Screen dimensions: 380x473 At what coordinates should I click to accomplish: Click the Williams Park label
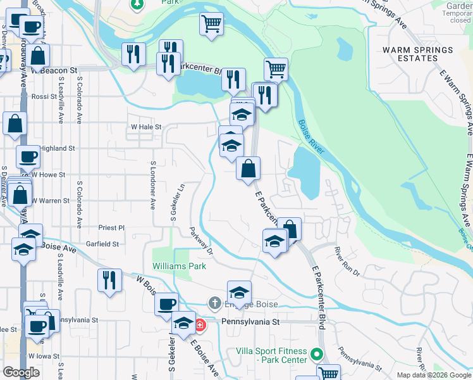179,266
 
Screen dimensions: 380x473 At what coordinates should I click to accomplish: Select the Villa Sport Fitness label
271,355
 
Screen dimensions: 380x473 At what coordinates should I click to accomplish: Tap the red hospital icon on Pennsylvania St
200,325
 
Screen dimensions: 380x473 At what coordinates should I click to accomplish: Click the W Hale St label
147,127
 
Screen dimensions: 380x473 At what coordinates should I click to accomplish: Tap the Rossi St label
44,97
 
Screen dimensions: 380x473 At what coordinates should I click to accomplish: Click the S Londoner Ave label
153,186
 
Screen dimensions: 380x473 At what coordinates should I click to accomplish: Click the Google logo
21,372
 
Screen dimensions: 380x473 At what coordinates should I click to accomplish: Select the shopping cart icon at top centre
211,24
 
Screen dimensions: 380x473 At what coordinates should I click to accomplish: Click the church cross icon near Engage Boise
215,303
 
